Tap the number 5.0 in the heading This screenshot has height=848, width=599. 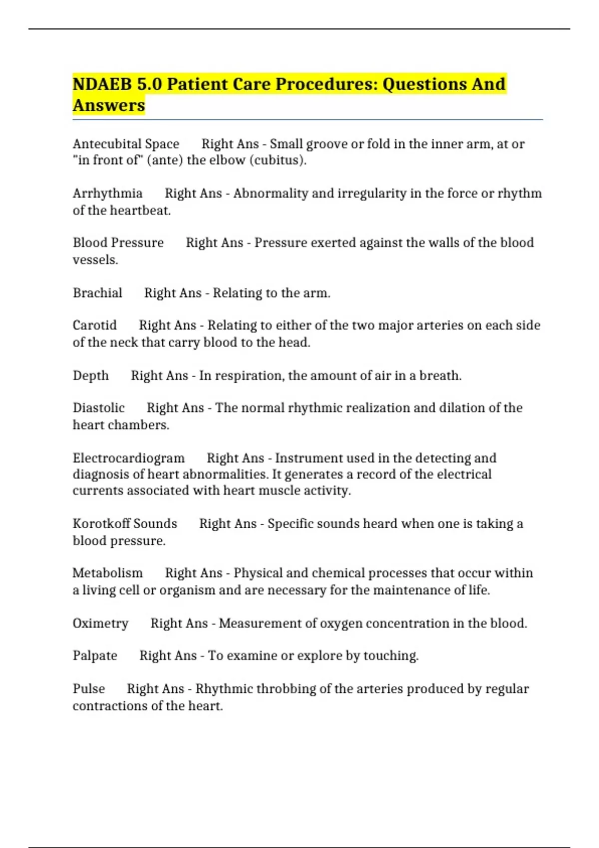click(149, 84)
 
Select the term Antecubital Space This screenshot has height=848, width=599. click(126, 144)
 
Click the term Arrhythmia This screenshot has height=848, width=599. click(107, 194)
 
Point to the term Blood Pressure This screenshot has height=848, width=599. click(118, 243)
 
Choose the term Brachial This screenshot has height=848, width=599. click(97, 293)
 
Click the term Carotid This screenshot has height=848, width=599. click(94, 325)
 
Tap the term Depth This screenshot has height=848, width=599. click(90, 376)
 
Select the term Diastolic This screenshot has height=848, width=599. click(98, 408)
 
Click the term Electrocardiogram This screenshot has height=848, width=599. click(128, 458)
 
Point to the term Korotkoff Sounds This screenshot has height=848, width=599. click(125, 524)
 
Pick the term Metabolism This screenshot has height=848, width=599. click(107, 573)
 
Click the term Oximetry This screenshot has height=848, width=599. click(100, 624)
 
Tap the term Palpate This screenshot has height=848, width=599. click(95, 655)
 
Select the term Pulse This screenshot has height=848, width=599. click(89, 689)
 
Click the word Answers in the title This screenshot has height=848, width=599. click(109, 106)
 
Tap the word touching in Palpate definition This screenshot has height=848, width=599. click(390, 655)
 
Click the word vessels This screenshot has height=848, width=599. click(95, 260)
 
